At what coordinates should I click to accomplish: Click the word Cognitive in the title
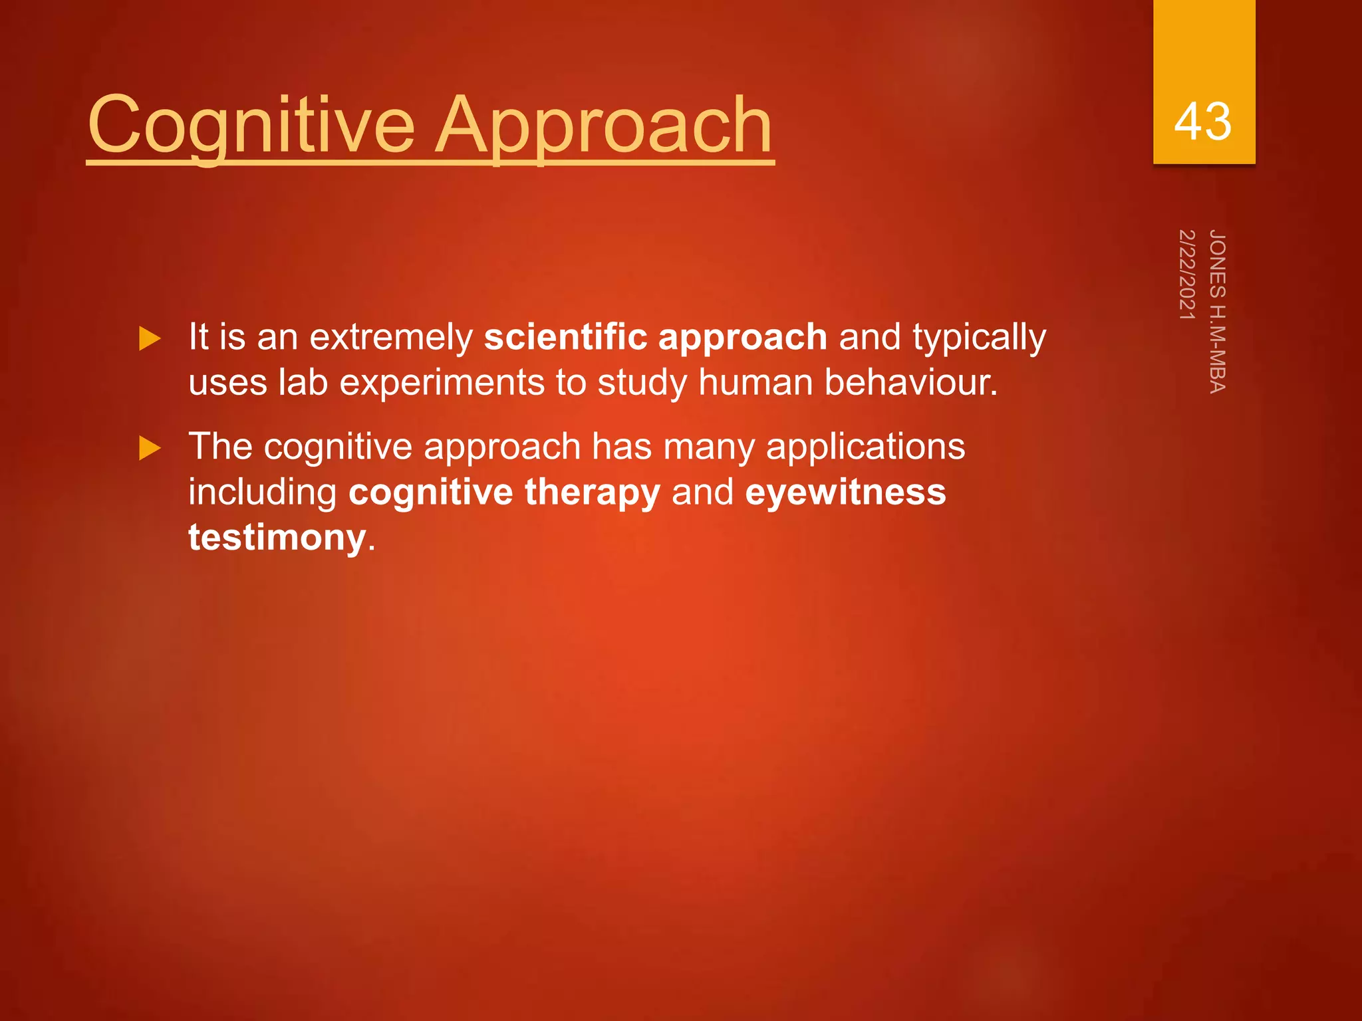[x=251, y=125]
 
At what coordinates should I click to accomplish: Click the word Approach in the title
[x=603, y=125]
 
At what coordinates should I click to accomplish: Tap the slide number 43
[x=1202, y=122]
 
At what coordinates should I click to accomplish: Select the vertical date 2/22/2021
[x=1187, y=275]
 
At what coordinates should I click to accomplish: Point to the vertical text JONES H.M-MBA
[x=1218, y=312]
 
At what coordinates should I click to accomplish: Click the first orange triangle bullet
[x=150, y=339]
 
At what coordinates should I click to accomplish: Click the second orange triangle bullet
[x=150, y=449]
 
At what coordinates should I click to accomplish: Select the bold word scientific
[x=565, y=337]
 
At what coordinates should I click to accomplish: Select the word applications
[x=865, y=447]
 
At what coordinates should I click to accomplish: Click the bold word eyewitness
[x=845, y=493]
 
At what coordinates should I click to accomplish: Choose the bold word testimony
[x=277, y=538]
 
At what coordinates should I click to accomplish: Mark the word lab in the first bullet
[x=303, y=383]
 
